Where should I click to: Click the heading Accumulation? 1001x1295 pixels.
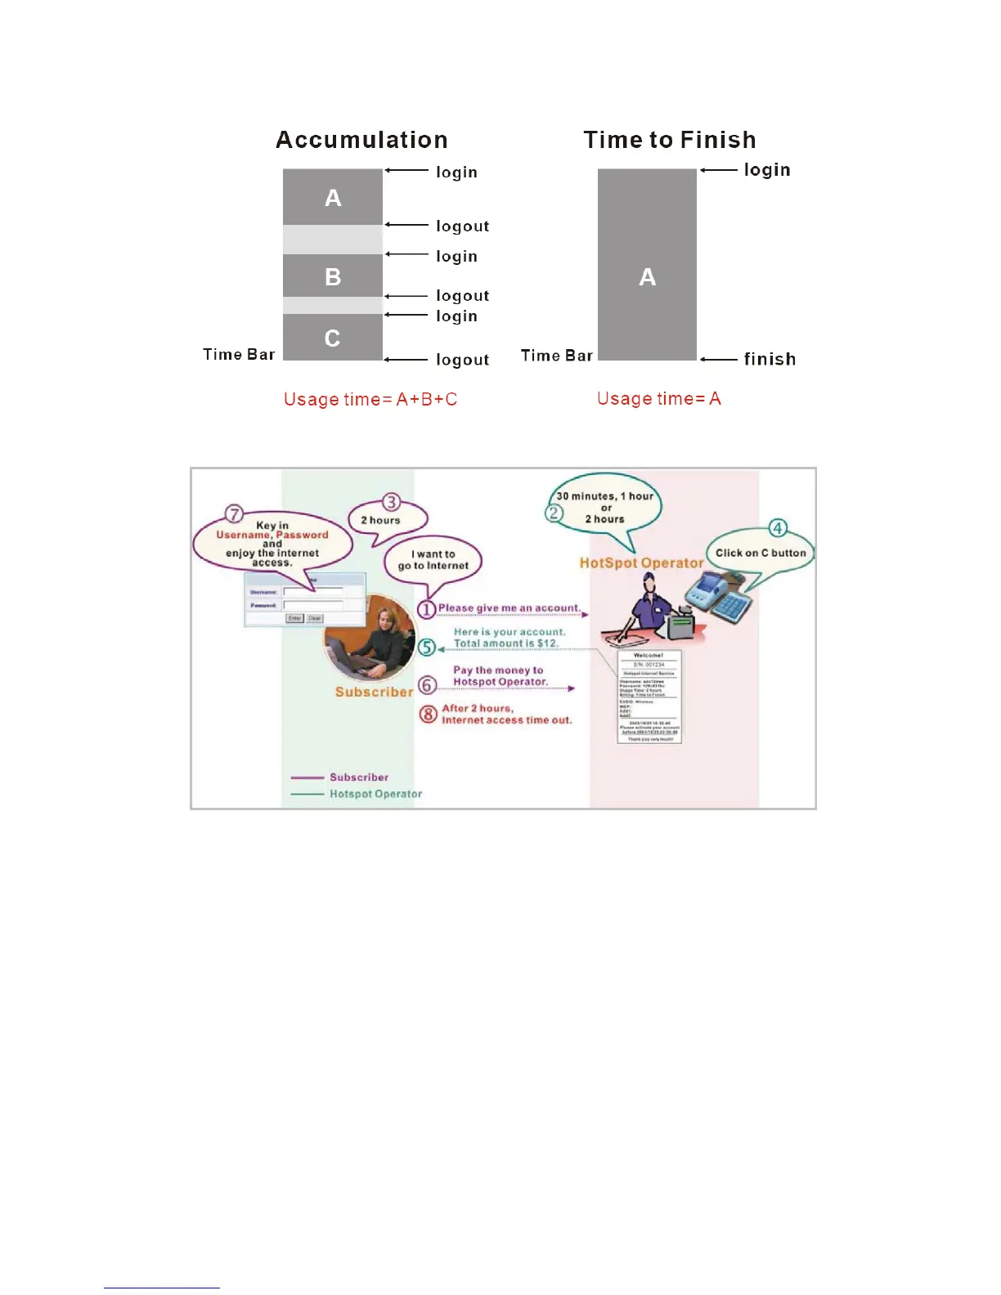click(x=361, y=140)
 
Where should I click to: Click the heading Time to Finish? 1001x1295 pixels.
click(x=669, y=140)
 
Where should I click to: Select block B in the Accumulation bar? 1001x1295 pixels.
click(x=333, y=276)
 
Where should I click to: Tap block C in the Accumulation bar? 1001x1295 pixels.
click(x=332, y=338)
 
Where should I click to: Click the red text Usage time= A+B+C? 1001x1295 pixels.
click(x=370, y=399)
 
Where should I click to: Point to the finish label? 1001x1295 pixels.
click(x=770, y=359)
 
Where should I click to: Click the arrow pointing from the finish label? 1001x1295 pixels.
click(x=720, y=359)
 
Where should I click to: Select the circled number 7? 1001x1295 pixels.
click(x=235, y=514)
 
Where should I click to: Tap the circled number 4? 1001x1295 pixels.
click(x=778, y=528)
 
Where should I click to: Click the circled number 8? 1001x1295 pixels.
click(x=429, y=714)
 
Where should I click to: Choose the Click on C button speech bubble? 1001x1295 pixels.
click(x=761, y=553)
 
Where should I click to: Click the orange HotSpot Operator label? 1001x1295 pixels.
click(x=641, y=562)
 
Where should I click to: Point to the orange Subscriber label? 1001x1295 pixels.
click(x=374, y=692)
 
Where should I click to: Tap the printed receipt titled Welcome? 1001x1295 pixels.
click(x=648, y=696)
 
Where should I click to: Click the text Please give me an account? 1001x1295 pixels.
click(x=509, y=608)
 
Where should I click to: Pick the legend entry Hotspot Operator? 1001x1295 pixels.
click(x=375, y=794)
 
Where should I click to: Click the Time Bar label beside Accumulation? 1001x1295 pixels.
click(x=239, y=354)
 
